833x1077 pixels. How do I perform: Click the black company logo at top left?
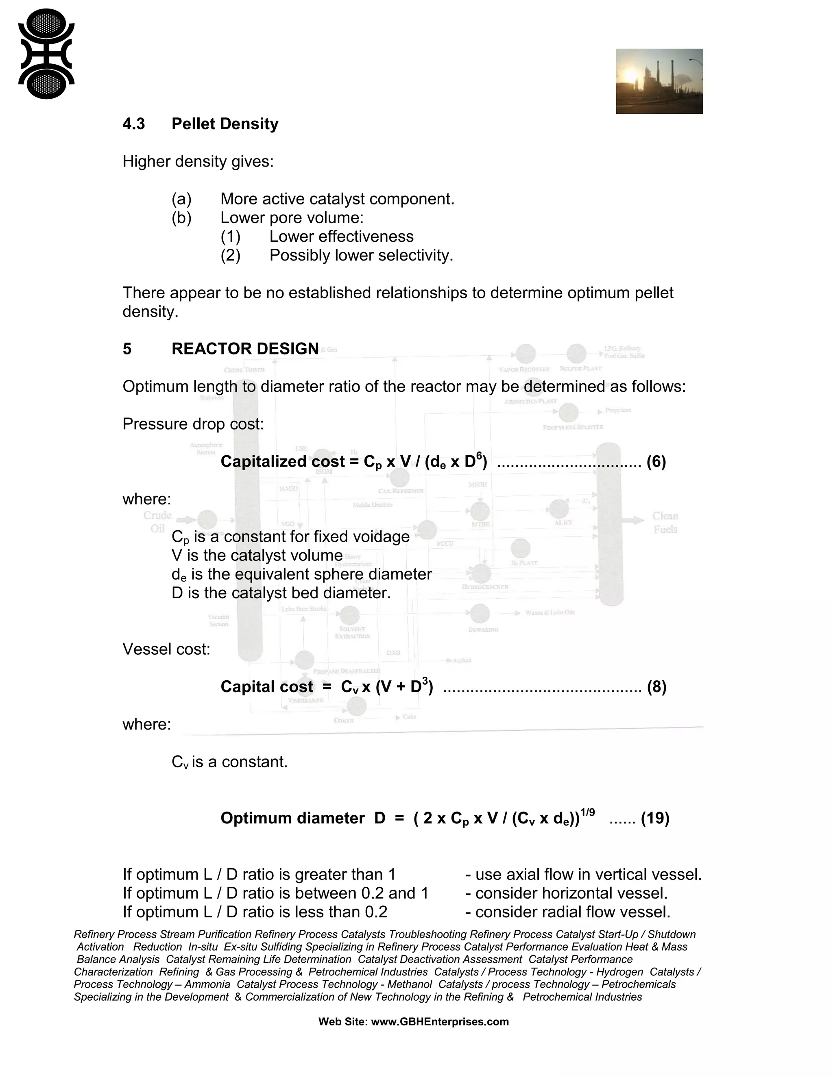click(x=46, y=54)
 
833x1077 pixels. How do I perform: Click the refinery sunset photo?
click(x=659, y=81)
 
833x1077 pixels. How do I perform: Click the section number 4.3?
click(x=133, y=124)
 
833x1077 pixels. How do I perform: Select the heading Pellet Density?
click(x=225, y=124)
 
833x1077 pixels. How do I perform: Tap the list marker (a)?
click(x=181, y=199)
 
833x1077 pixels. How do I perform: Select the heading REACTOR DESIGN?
click(x=245, y=349)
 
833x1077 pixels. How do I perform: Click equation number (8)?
click(x=656, y=687)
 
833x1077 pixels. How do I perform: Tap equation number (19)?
click(x=655, y=818)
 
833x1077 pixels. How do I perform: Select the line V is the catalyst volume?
click(x=257, y=556)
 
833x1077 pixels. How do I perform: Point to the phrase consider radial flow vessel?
click(x=572, y=912)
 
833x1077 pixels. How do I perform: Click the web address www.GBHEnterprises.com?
click(x=439, y=1021)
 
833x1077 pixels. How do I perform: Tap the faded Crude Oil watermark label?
click(x=157, y=522)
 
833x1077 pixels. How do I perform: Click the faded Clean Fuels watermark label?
click(x=665, y=523)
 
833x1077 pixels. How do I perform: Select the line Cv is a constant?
click(x=229, y=762)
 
